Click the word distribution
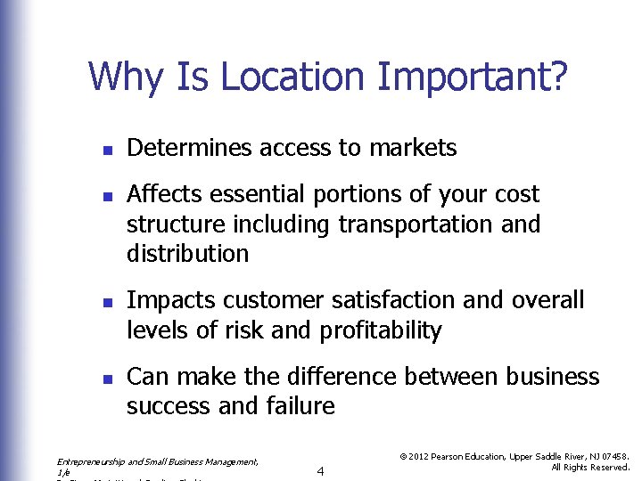(x=187, y=253)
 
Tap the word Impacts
(x=172, y=300)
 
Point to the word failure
(x=300, y=406)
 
